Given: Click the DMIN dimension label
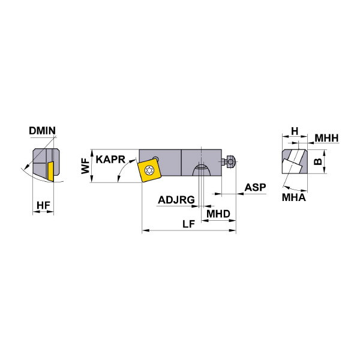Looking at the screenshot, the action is point(42,131).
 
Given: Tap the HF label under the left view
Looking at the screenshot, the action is point(43,205).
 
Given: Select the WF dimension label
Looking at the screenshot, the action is point(85,166).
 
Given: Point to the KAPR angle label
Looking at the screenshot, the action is point(110,160).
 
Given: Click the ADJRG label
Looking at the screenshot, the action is point(176,200).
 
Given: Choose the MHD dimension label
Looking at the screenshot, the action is point(218,214).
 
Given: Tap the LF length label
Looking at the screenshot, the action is point(189,224).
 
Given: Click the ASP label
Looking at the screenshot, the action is point(255,188).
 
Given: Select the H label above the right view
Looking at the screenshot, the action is point(295,131).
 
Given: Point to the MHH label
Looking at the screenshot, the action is point(326,138).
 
